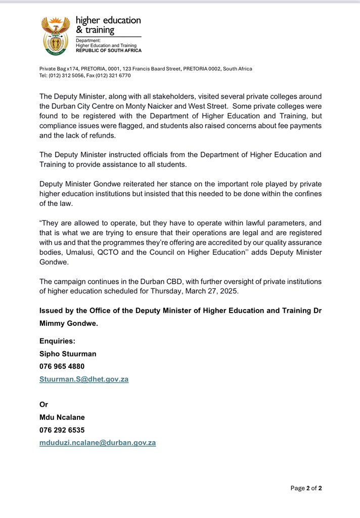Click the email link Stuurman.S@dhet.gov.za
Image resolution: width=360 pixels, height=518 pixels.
(x=84, y=379)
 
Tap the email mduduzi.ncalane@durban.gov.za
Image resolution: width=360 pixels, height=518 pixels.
(x=98, y=443)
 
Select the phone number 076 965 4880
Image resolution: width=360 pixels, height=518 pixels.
(x=62, y=366)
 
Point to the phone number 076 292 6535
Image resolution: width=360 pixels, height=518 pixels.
(x=62, y=430)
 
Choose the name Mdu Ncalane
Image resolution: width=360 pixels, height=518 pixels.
(x=62, y=417)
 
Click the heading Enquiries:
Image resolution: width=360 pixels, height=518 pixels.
(x=58, y=341)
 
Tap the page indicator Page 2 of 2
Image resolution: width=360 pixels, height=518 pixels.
(x=306, y=488)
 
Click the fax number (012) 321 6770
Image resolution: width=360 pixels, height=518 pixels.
(x=114, y=75)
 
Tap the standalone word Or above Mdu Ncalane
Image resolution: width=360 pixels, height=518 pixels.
(x=44, y=405)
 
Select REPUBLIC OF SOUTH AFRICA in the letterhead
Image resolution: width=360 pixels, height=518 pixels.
(x=109, y=51)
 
